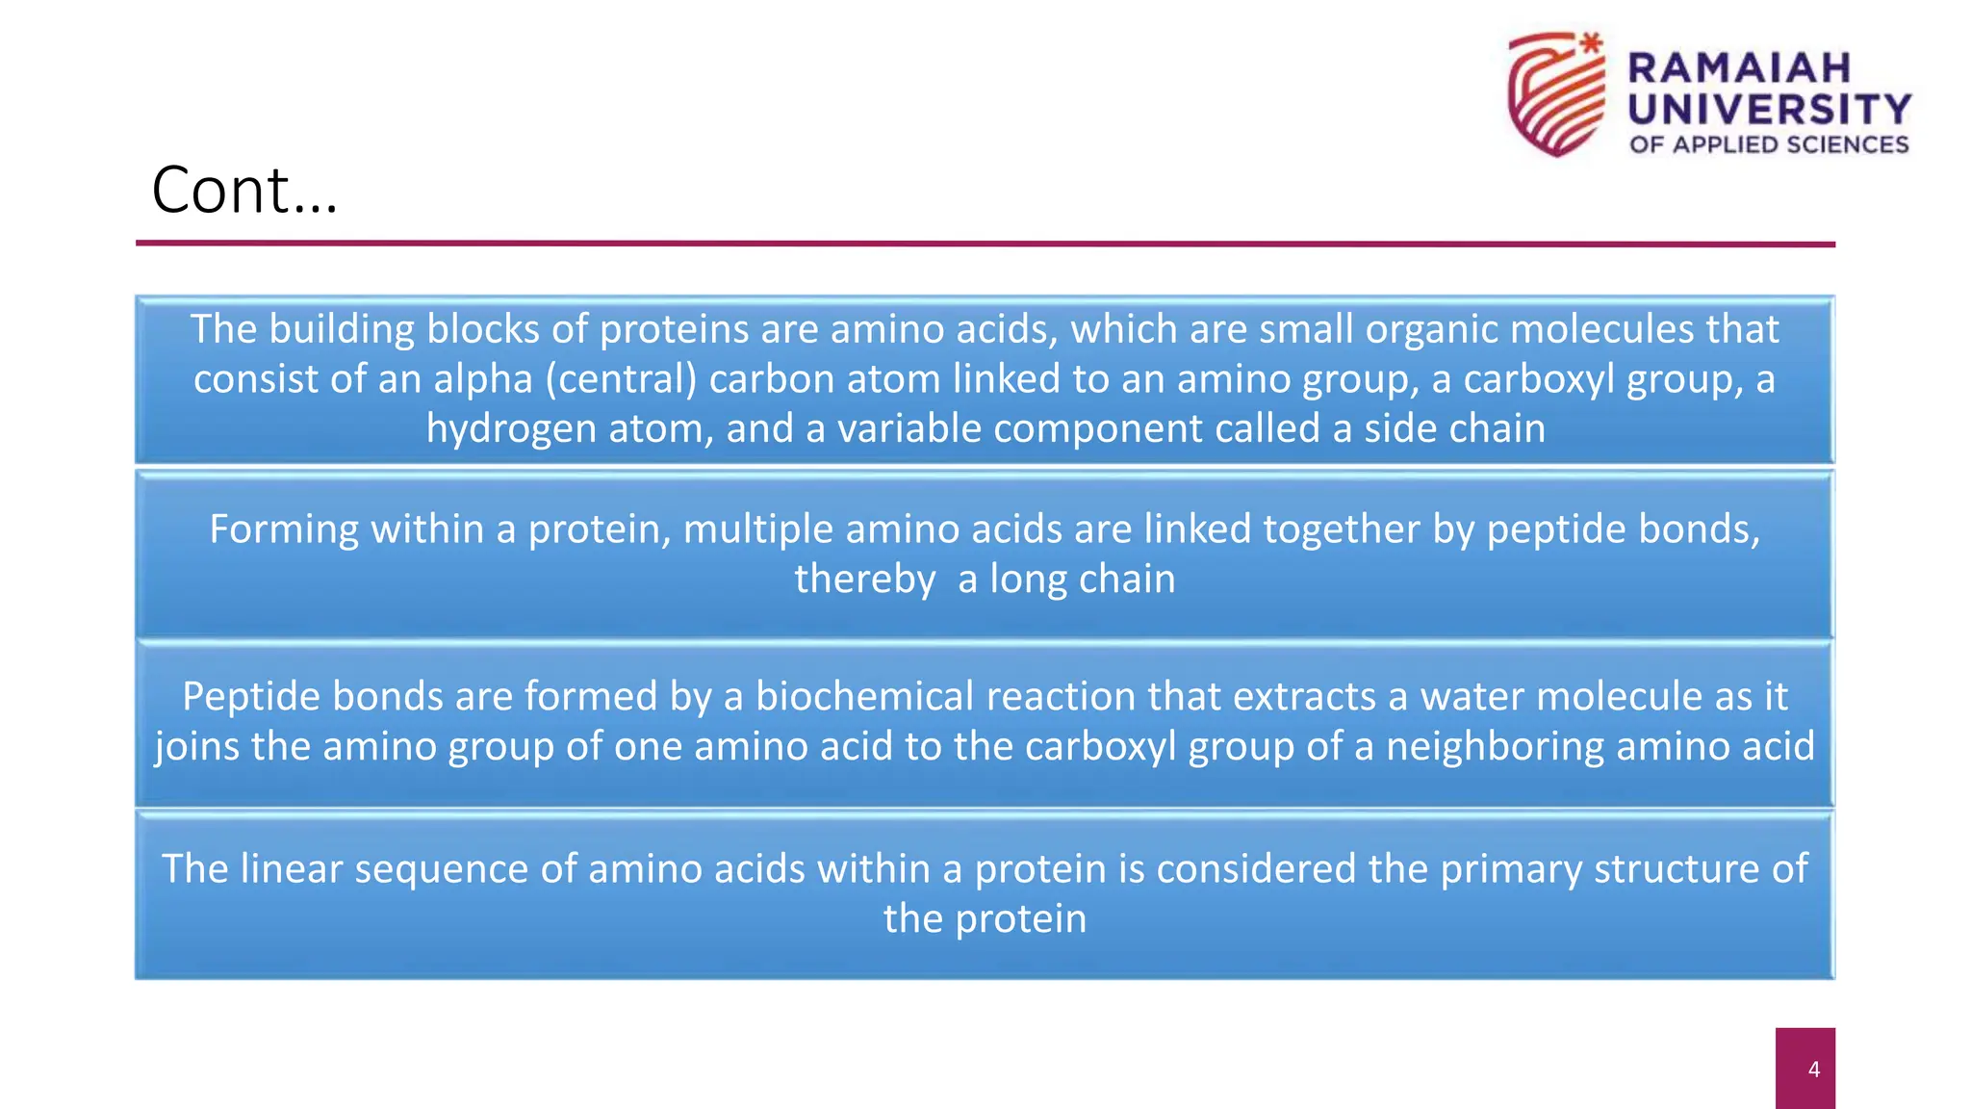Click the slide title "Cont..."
[244, 191]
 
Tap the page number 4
[1813, 1070]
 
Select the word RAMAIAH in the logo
[1739, 68]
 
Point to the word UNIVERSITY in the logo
[1769, 110]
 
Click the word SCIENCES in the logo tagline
[1847, 145]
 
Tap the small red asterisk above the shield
[1592, 42]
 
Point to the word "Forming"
[284, 529]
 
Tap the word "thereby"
[864, 580]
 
